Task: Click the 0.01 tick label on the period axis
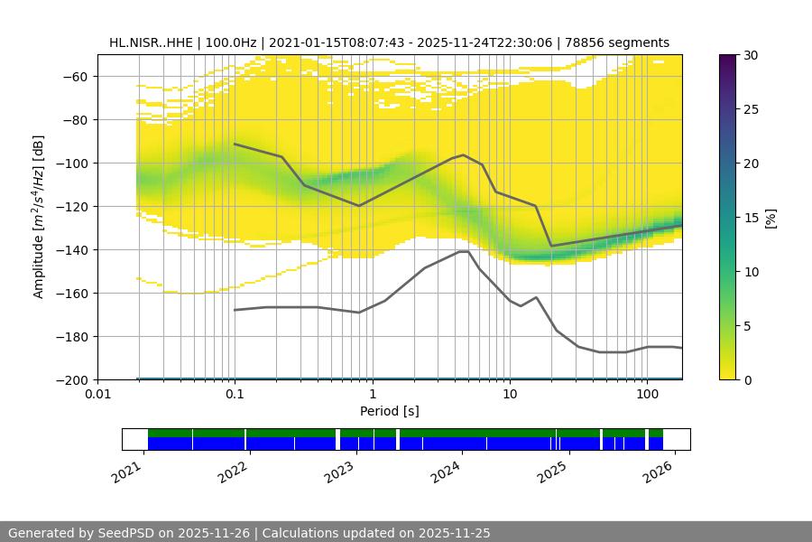tap(97, 395)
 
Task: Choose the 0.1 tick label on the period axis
tap(235, 395)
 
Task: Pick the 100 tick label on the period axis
tap(647, 395)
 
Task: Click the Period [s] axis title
tap(389, 411)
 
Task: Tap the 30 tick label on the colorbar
tap(750, 55)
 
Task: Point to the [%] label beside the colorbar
tap(770, 218)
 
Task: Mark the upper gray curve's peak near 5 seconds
tap(464, 154)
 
